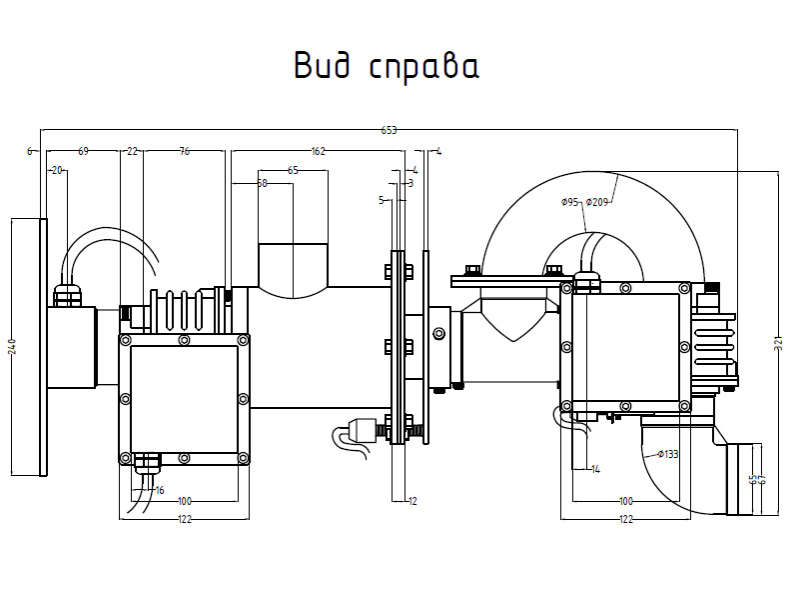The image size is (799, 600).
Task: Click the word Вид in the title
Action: [x=325, y=66]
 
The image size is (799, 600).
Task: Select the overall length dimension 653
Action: [x=389, y=130]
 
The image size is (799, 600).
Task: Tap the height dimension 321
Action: [x=778, y=343]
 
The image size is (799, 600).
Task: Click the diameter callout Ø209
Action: [x=598, y=202]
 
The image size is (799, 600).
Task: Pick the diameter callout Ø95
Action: [x=570, y=202]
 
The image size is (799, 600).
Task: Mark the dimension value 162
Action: [x=318, y=151]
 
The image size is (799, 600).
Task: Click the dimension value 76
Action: [x=184, y=151]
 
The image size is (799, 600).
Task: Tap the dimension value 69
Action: [x=83, y=151]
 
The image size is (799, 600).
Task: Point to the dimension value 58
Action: [x=262, y=183]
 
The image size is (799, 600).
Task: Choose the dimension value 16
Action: [x=159, y=490]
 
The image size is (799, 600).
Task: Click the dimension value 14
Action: [x=595, y=469]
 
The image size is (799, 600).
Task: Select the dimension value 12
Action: [x=412, y=500]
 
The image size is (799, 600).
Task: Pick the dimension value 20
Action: [x=57, y=170]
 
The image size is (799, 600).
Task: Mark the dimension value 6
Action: [x=30, y=151]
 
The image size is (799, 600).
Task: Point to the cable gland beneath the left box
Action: [x=148, y=462]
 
